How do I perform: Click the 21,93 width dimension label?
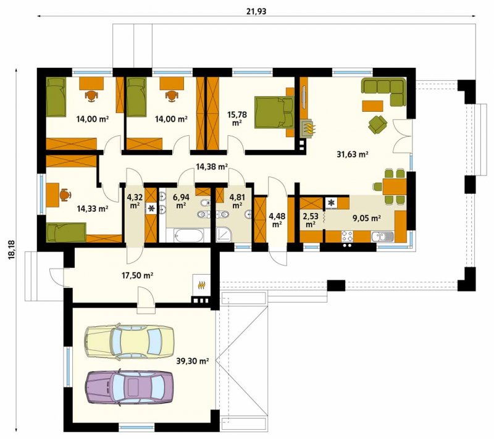pos(256,11)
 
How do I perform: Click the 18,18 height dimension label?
pos(12,250)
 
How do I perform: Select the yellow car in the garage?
pos(129,341)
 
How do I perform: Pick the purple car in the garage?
pos(129,387)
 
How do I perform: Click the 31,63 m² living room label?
pos(353,154)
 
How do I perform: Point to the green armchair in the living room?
pos(377,124)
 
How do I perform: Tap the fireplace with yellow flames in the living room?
pos(308,128)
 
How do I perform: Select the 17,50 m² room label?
pos(137,276)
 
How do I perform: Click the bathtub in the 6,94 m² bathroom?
pos(188,235)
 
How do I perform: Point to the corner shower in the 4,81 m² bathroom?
pos(224,234)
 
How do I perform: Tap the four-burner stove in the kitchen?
pos(347,236)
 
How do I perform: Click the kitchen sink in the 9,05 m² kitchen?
pos(382,236)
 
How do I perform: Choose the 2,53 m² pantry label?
pos(311,220)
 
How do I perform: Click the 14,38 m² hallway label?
pos(212,167)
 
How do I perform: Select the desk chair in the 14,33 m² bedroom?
pos(65,194)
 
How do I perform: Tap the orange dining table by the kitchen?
pos(394,186)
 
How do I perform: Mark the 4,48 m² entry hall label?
pos(277,220)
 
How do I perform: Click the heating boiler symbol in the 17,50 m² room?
pos(201,285)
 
